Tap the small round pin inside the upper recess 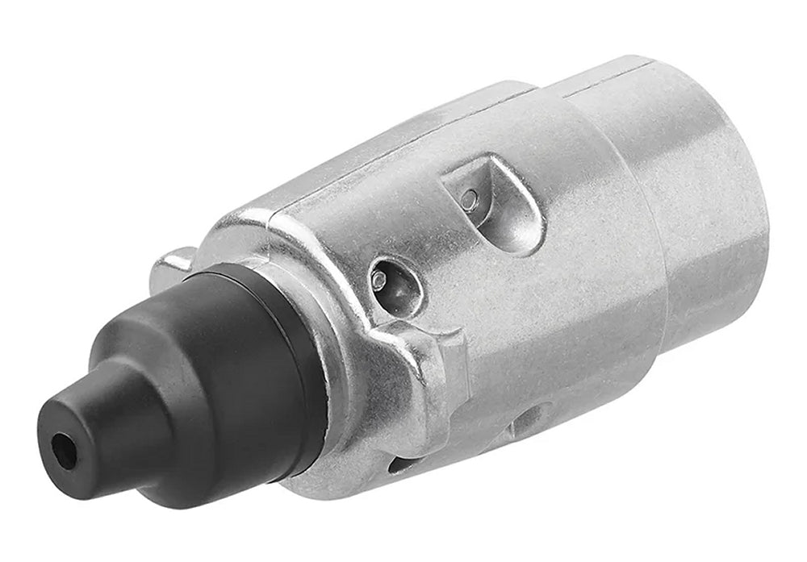(x=469, y=199)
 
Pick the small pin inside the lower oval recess (x=379, y=280)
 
